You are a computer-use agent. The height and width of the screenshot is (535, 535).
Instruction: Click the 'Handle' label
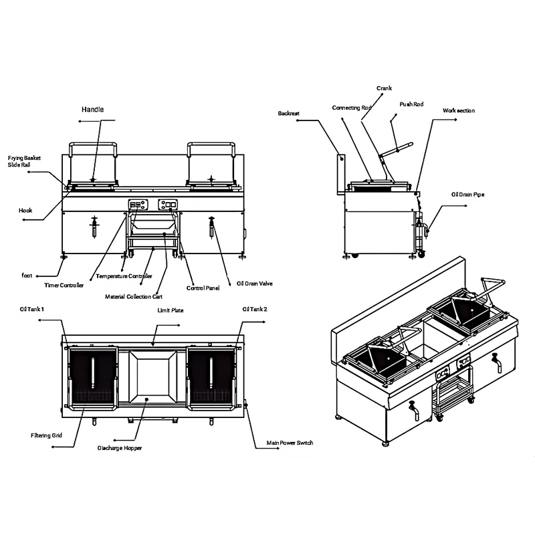coord(92,110)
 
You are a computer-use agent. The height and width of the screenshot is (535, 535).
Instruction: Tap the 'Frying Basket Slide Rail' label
coord(24,161)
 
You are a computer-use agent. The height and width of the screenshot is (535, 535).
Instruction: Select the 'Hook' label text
coord(25,211)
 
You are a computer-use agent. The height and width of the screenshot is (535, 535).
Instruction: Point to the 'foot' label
coord(27,276)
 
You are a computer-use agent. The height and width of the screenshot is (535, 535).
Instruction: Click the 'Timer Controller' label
coord(64,286)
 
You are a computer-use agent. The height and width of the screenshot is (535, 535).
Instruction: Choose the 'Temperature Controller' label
coord(124,276)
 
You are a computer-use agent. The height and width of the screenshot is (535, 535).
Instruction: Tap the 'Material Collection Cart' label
coord(134,297)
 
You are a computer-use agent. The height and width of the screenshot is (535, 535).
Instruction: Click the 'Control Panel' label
coord(203,288)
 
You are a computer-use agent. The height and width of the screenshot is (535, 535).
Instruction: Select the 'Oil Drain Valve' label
coord(255,284)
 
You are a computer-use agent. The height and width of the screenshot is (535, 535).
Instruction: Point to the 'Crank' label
coord(384,88)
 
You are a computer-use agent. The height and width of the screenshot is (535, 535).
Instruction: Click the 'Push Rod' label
coord(411,104)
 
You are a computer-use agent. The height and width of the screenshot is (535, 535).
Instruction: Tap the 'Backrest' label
coord(289,113)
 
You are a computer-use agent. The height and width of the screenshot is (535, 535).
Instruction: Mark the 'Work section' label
coord(459,110)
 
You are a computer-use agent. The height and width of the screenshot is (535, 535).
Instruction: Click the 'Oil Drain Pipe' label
coord(467,195)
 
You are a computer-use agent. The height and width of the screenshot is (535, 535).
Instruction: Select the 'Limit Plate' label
coord(171,310)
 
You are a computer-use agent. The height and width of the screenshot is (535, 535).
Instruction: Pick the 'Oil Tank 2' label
coord(255,309)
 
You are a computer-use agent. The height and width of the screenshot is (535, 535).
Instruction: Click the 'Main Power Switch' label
coord(290,443)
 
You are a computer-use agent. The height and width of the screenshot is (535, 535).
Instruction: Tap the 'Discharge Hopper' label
coord(120,448)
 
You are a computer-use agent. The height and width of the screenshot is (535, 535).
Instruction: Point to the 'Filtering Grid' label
coord(46,435)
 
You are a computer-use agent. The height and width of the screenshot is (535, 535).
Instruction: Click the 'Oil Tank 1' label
coord(31,309)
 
